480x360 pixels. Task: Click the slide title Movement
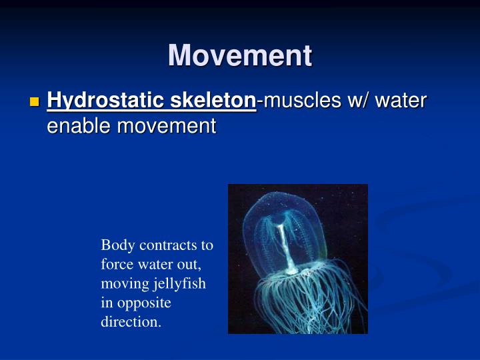(x=240, y=55)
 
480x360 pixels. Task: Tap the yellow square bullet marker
(x=35, y=102)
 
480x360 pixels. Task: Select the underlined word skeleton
(x=214, y=101)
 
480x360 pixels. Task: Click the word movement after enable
(x=167, y=125)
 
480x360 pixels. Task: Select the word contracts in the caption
(x=175, y=245)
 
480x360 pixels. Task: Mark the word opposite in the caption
(x=145, y=303)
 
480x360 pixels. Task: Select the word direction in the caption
(x=131, y=323)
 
